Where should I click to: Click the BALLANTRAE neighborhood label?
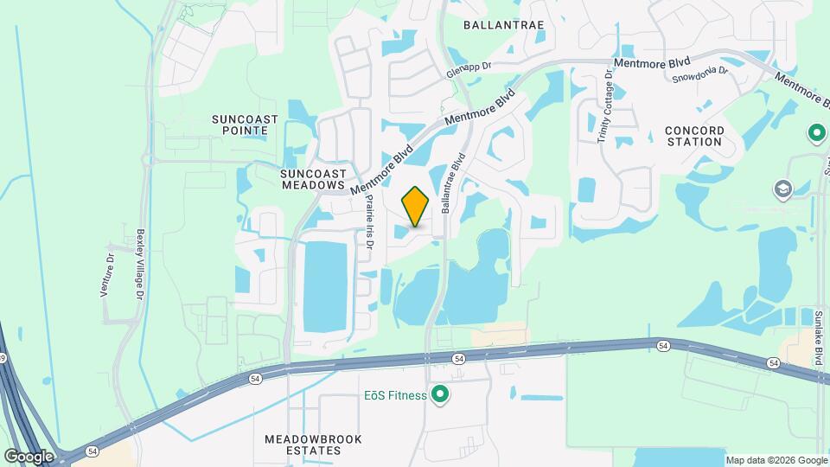tap(504, 25)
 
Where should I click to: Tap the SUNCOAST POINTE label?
tap(239, 124)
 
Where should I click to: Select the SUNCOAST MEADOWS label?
tap(313, 179)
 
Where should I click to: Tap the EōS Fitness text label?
tap(394, 396)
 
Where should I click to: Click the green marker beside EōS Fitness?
tap(440, 396)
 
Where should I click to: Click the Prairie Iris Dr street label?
tap(368, 221)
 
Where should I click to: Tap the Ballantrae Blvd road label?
tap(453, 183)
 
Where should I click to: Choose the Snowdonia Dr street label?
tap(699, 78)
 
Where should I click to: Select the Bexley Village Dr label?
tap(139, 265)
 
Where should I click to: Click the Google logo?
tap(29, 456)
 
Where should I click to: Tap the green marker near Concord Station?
tap(816, 134)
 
